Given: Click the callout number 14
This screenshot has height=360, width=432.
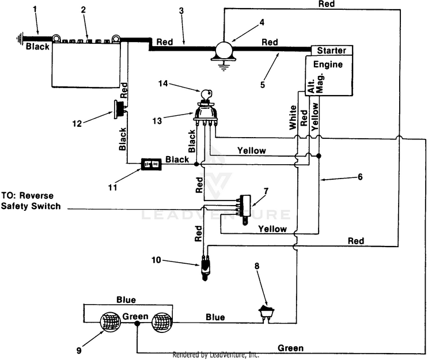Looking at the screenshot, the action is coord(163,83).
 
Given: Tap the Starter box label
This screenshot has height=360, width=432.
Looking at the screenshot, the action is coord(331,51).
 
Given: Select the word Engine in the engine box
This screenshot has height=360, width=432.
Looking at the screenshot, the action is coord(328,65).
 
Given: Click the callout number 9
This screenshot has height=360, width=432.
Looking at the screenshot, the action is coord(79,350).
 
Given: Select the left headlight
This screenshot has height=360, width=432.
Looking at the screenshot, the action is coord(110,322).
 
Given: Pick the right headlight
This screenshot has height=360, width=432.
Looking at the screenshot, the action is coord(162,322).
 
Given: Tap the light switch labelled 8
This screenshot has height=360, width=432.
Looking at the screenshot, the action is coord(266,312).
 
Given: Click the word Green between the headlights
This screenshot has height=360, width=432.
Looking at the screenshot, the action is coord(135,316).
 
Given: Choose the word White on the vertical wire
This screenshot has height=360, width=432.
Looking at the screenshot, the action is coord(293,118).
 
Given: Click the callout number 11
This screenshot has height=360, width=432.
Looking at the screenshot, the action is coord(112,188).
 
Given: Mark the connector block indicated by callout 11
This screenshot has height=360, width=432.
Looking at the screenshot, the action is coord(151,164).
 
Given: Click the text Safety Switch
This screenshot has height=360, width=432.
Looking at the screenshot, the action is coord(31,206).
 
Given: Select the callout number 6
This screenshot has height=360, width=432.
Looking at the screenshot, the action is coord(360,177).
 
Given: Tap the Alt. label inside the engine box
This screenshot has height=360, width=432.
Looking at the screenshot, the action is coord(311,86).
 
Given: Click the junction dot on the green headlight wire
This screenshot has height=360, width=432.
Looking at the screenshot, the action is coord(137,324).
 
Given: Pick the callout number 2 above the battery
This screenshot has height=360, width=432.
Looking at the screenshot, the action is coord(83,10).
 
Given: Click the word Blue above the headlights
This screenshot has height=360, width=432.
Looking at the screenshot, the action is coord(126,300).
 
